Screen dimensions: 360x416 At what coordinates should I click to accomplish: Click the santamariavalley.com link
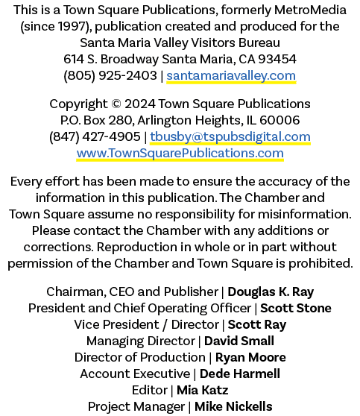point(231,75)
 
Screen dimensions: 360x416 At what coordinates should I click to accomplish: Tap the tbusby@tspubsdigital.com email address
point(230,136)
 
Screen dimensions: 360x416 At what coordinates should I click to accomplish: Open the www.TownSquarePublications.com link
point(180,153)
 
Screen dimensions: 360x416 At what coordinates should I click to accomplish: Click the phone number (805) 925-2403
point(110,75)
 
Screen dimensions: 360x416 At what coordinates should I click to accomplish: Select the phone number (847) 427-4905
point(95,136)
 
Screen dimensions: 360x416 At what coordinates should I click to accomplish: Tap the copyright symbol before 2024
point(116,104)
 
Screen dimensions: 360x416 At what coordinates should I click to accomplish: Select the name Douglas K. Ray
point(271,291)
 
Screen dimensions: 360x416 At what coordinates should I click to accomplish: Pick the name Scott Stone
point(296,309)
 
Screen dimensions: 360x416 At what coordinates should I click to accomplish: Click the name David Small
point(239,341)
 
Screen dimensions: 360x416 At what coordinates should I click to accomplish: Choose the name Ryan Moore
point(250,358)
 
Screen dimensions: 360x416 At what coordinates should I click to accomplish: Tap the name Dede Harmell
point(239,374)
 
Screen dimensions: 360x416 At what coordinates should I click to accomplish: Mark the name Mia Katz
point(203,391)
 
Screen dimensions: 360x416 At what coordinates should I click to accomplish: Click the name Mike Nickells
point(233,407)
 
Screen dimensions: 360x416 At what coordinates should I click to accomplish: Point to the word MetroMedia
point(310,10)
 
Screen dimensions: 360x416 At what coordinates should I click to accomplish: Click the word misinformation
point(305,215)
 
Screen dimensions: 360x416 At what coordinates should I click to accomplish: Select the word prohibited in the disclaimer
point(320,264)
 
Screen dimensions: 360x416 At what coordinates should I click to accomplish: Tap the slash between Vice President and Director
point(165,325)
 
